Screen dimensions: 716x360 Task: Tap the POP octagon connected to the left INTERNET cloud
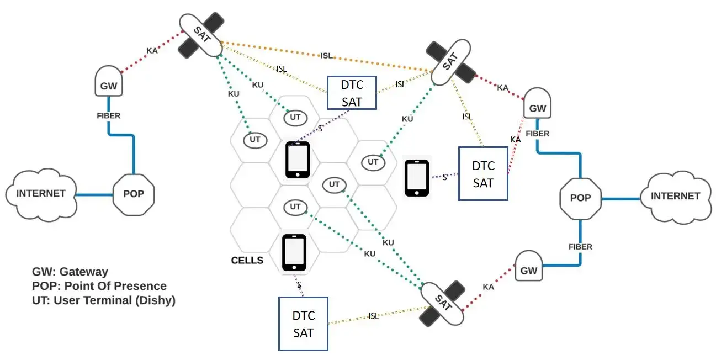click(x=134, y=194)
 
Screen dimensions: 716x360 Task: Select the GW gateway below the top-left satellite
click(x=109, y=81)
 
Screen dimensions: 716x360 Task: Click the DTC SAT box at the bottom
click(x=303, y=324)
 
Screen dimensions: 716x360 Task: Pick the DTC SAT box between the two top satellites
click(x=352, y=93)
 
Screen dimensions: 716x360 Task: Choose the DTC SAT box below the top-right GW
click(x=483, y=173)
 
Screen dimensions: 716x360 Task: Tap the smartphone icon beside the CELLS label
click(x=294, y=252)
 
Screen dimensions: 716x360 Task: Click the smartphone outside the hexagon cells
click(x=417, y=178)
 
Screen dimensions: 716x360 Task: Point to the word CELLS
click(x=247, y=260)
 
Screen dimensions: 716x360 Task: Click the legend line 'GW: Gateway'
click(x=70, y=272)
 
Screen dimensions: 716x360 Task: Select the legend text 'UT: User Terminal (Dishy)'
click(x=104, y=300)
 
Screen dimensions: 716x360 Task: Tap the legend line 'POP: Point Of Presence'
click(x=99, y=286)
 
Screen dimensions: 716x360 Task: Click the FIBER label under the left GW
click(x=109, y=115)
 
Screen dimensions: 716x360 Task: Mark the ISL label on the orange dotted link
click(x=326, y=56)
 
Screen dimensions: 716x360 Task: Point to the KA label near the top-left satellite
click(x=152, y=50)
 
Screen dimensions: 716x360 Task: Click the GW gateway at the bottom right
click(x=529, y=266)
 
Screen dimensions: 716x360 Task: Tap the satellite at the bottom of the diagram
click(x=442, y=303)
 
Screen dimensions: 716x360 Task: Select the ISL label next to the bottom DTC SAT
click(x=373, y=316)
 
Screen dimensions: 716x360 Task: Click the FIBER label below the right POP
click(x=580, y=247)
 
